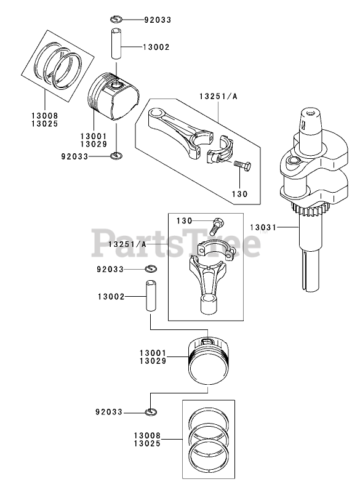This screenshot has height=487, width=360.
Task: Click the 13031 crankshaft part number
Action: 263,227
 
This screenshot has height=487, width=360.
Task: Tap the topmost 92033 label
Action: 158,20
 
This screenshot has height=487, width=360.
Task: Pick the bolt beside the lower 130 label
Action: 217,227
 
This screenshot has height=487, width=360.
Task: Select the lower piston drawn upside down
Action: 207,362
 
